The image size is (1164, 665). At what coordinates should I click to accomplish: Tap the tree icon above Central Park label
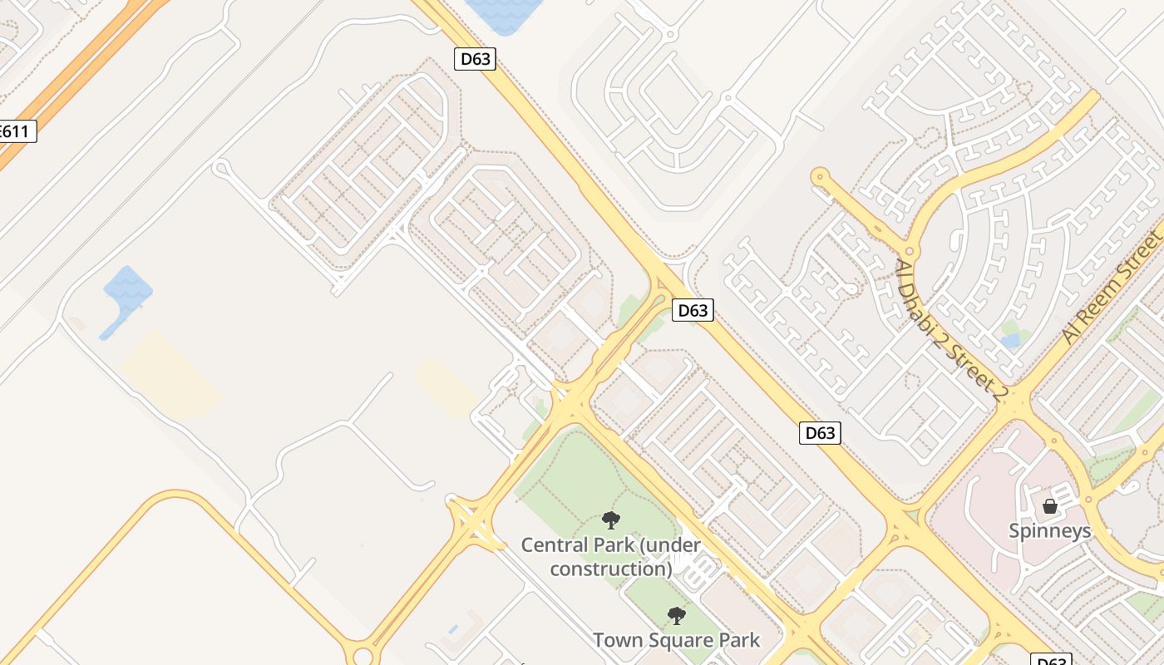point(611,521)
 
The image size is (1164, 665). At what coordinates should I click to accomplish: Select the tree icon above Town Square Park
point(677,616)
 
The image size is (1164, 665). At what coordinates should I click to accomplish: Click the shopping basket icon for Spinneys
point(1050,505)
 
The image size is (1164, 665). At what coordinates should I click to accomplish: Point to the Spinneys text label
point(1049,530)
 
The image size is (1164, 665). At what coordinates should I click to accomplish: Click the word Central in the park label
point(555,545)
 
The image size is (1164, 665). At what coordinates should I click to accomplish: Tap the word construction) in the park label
point(611,569)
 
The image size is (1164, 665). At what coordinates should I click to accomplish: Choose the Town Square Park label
point(676,640)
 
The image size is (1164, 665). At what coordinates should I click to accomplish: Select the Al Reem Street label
point(1114,288)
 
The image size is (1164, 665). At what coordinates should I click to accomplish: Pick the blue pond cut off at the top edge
point(503,14)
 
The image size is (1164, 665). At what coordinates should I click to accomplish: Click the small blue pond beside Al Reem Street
point(1011,341)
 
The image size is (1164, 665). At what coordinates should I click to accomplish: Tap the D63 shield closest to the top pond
point(476,59)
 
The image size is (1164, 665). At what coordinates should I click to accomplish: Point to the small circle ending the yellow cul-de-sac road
point(821,176)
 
